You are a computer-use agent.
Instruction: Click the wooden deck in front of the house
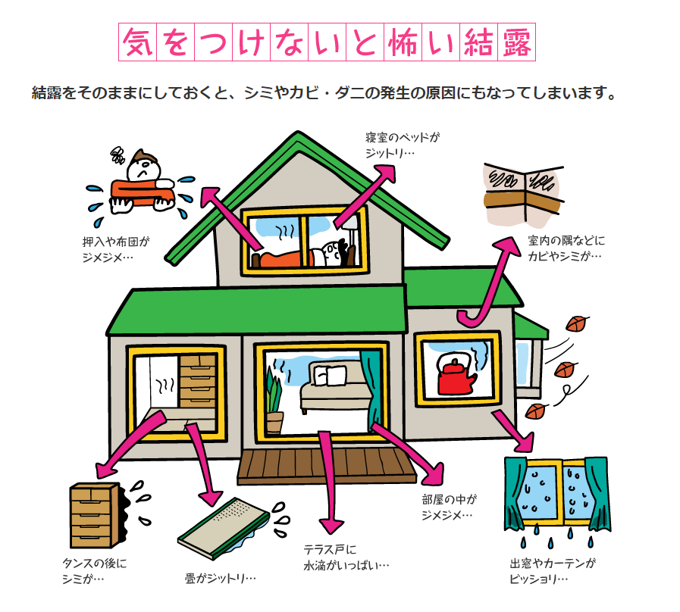click(327, 465)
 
